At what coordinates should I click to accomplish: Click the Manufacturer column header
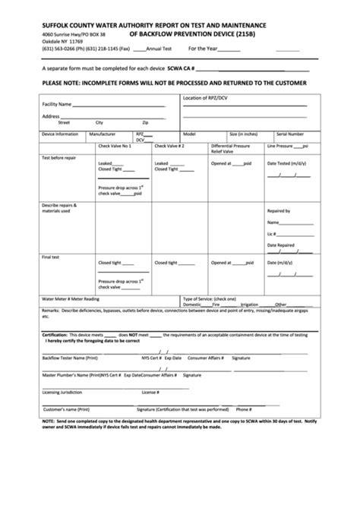click(102, 133)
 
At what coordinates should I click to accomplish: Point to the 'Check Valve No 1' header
click(115, 145)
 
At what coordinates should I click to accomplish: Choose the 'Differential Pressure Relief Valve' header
click(232, 148)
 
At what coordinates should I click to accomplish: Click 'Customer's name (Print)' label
click(66, 409)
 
